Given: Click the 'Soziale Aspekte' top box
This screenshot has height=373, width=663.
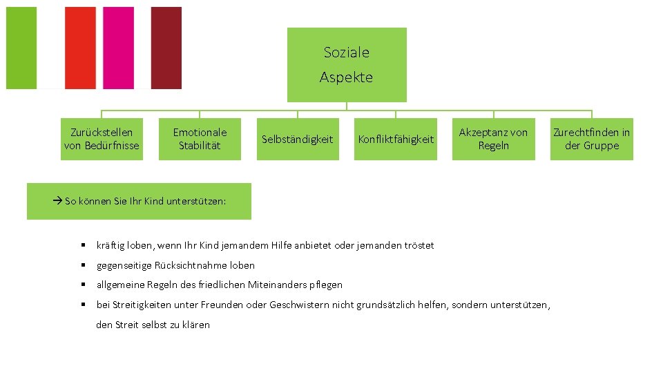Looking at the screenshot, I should point(347,65).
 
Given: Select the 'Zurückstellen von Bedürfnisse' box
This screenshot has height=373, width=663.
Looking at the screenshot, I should point(102,139).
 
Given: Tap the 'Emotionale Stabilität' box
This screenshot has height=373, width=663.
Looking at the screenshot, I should point(200,139).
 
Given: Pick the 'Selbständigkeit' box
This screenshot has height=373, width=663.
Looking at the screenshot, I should point(298,140).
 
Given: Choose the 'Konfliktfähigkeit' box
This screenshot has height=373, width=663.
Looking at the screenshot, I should point(396,140).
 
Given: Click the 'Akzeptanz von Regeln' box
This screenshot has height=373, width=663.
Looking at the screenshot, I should point(493,139).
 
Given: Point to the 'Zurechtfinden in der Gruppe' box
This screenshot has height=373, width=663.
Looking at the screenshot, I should point(591,139).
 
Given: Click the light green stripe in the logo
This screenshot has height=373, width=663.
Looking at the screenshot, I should point(21,48).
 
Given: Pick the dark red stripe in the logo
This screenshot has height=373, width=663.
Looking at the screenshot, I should point(166,48).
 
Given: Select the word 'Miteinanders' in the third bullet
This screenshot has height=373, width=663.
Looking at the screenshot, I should point(278,285).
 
